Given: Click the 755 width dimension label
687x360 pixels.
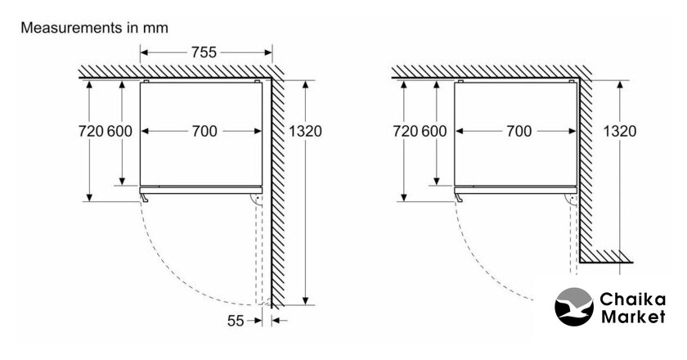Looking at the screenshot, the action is click(204, 52).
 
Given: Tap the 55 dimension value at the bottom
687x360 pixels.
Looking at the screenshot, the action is click(236, 321).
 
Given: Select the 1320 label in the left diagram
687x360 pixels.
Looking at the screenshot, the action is click(305, 131).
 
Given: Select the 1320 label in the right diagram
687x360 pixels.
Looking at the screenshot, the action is click(620, 131).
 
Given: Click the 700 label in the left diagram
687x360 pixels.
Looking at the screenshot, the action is click(204, 131).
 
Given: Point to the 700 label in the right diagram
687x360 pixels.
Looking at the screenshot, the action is click(519, 131).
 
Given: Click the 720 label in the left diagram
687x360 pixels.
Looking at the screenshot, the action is click(91, 131).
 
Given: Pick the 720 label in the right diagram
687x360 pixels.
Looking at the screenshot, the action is click(406, 131).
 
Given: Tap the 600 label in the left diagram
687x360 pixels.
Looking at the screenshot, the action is click(119, 131).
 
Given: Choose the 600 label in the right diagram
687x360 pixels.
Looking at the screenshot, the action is click(434, 131).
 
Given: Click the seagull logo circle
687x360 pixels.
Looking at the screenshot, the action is click(574, 307).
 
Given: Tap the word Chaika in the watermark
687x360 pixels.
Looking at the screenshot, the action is click(632, 300).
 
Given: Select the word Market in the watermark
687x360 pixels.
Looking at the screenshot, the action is click(633, 317).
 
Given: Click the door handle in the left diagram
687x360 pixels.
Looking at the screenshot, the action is click(144, 198).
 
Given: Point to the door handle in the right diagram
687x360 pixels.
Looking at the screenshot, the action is click(459, 198).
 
